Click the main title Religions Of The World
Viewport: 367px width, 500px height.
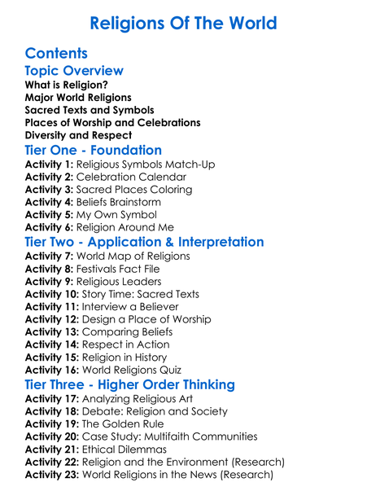[183, 23]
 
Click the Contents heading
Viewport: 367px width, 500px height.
[56, 54]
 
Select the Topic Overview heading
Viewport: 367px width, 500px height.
[74, 71]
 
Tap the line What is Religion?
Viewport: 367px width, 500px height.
[66, 85]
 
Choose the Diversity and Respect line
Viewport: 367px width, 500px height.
[78, 135]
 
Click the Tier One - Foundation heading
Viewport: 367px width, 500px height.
[94, 151]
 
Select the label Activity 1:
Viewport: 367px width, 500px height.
[50, 164]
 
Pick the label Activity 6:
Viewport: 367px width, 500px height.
[50, 227]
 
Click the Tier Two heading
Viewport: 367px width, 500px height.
[145, 242]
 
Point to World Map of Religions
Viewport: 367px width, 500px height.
[133, 256]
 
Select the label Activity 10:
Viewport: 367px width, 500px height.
[53, 294]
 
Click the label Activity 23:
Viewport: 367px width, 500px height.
[53, 475]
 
